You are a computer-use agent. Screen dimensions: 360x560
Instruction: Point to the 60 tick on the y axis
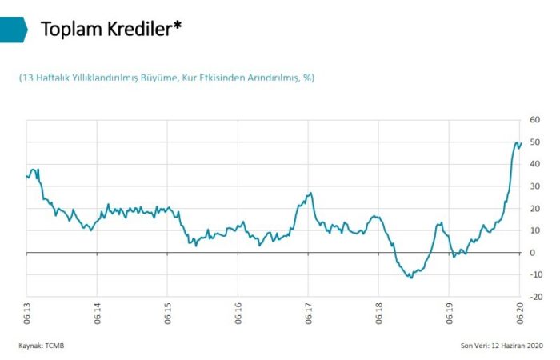click(536, 120)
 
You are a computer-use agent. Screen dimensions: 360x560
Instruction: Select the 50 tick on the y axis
click(536, 142)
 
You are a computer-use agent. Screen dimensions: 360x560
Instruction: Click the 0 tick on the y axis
click(534, 253)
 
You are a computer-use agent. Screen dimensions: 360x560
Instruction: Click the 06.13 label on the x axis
click(26, 312)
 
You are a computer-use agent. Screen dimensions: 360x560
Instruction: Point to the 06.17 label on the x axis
click(309, 312)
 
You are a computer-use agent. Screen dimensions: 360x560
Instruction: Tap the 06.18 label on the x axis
click(379, 312)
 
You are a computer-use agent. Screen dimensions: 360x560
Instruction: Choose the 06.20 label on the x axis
click(521, 312)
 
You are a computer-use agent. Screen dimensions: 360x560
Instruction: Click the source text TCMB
click(53, 346)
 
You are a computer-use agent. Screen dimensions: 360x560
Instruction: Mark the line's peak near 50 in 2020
click(516, 142)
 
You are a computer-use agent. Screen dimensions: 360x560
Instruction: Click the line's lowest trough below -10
click(411, 278)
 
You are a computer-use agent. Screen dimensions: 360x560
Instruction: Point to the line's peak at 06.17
click(310, 193)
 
